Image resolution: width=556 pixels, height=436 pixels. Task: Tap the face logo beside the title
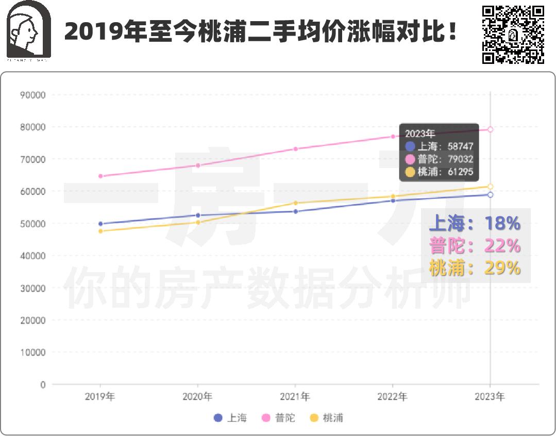(29, 30)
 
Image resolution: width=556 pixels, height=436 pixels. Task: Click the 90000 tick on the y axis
(32, 95)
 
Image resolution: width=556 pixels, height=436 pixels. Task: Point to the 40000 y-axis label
(32, 256)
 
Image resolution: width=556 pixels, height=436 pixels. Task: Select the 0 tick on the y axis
(42, 384)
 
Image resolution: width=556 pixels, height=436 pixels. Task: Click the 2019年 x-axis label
(100, 397)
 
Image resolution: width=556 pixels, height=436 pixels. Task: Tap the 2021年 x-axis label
(295, 397)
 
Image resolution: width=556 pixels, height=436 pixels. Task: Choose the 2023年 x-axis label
(490, 397)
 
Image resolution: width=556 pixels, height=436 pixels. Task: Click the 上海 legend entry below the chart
(230, 418)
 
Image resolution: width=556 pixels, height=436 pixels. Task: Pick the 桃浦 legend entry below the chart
(327, 418)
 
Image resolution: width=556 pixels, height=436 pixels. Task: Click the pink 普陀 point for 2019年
(100, 176)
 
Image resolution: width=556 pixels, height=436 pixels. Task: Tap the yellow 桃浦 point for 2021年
(295, 203)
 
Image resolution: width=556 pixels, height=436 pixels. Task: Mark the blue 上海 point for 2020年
(198, 215)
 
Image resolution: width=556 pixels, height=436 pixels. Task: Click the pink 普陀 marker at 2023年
(490, 130)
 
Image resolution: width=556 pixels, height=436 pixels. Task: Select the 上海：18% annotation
(475, 223)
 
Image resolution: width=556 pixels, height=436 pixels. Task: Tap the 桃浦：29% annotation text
(475, 268)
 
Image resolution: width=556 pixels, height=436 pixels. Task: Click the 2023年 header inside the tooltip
(420, 133)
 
